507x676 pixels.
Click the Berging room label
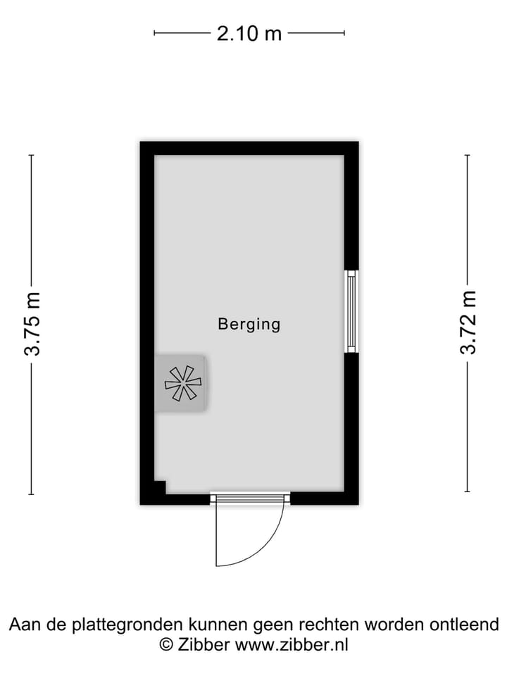(x=249, y=324)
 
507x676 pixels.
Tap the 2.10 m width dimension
(x=249, y=33)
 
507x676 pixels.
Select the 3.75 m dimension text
(x=32, y=324)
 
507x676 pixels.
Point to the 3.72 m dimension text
(x=468, y=323)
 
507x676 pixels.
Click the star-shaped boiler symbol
(x=183, y=383)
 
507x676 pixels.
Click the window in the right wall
(x=352, y=311)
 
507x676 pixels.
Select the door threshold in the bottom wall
(x=250, y=498)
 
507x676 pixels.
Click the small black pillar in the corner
(x=160, y=487)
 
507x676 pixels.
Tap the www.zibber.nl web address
(x=292, y=646)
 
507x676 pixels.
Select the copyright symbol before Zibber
(x=166, y=646)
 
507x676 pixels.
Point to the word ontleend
(x=464, y=625)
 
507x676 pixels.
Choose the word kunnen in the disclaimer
(x=218, y=625)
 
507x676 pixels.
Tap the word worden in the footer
(x=394, y=625)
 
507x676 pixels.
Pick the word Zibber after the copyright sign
(x=204, y=646)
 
